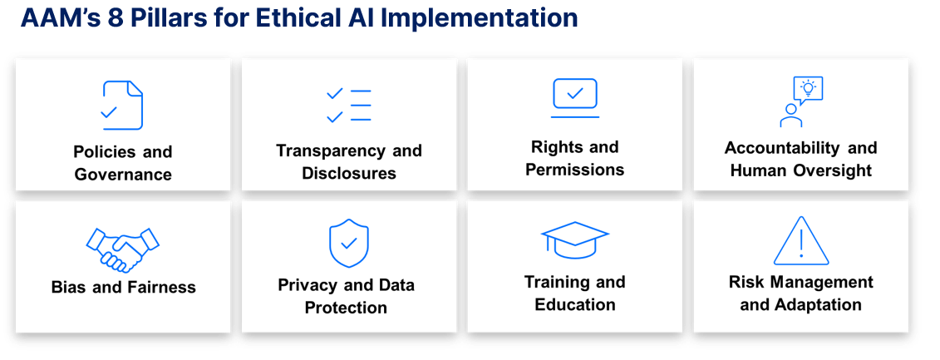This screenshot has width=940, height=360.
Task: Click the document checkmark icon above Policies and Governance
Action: (122, 106)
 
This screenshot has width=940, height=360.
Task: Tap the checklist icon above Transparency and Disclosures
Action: (349, 106)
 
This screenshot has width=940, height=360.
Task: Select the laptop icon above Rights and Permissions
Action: (575, 98)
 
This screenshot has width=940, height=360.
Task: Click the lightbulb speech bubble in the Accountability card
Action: (807, 89)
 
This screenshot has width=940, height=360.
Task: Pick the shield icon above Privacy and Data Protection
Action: (349, 243)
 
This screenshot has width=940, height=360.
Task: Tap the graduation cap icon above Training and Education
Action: (575, 240)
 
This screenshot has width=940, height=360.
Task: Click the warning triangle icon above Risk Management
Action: (801, 241)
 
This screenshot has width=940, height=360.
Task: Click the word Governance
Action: (123, 175)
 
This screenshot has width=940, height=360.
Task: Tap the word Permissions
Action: (575, 170)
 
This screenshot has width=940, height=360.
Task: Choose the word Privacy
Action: (307, 285)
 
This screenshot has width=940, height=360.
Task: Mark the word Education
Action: (575, 304)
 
